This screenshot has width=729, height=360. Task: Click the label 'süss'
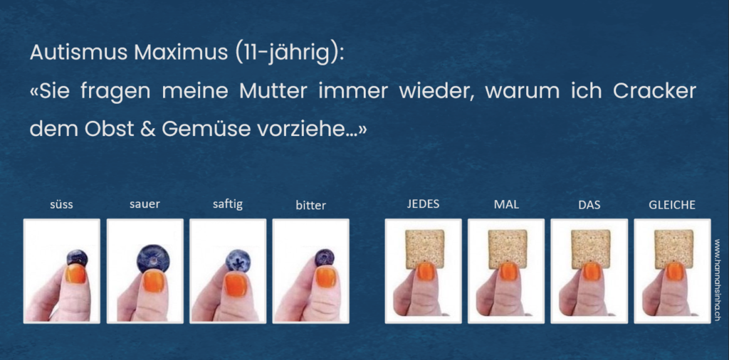click(x=61, y=205)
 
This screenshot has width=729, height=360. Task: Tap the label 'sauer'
click(x=145, y=204)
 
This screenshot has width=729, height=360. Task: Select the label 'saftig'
click(x=227, y=205)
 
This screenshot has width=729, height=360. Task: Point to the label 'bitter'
click(x=310, y=205)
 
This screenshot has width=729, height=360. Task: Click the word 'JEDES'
click(x=423, y=204)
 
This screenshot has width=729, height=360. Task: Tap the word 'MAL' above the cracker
click(x=506, y=204)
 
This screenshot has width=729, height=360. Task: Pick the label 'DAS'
click(x=589, y=204)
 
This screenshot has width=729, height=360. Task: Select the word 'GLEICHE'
click(x=672, y=204)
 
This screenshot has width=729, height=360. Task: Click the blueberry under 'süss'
click(x=77, y=258)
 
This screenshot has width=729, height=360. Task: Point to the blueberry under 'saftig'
click(x=238, y=260)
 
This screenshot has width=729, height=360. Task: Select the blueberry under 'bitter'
click(x=324, y=258)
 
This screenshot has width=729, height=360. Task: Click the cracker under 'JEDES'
click(x=424, y=249)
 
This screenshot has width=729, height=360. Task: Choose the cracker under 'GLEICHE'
click(x=673, y=249)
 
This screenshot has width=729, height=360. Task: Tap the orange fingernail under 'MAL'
click(x=508, y=271)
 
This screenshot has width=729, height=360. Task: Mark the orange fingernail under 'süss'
click(x=75, y=274)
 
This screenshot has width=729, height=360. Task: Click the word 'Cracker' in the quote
click(x=654, y=91)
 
